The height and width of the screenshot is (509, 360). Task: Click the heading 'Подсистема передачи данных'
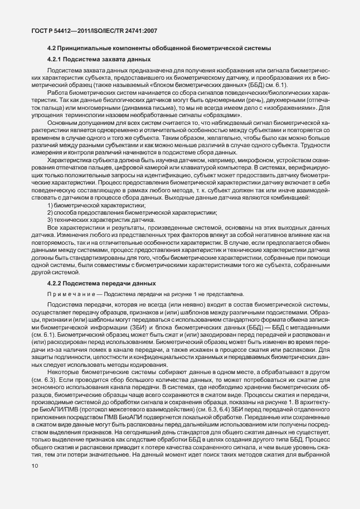pos(106,284)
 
